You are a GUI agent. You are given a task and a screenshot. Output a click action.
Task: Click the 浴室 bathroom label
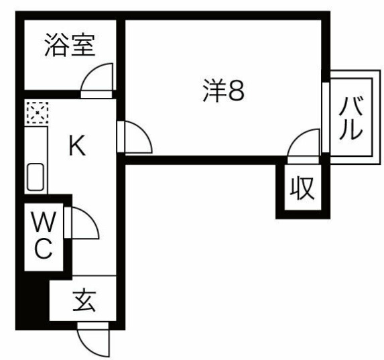pyautogui.click(x=70, y=46)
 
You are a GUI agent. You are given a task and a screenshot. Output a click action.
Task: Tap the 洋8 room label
pyautogui.click(x=224, y=91)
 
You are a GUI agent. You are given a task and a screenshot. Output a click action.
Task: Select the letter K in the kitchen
pyautogui.click(x=77, y=145)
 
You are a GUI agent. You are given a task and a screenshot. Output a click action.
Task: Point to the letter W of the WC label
pyautogui.click(x=44, y=222)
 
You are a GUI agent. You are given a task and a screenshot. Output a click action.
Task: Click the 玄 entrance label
pyautogui.click(x=84, y=301)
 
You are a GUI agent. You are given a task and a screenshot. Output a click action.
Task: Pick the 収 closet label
pyautogui.click(x=302, y=188)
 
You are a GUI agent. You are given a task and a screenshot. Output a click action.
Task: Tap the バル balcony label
pyautogui.click(x=350, y=118)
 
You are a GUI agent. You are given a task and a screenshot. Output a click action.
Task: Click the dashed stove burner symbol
pyautogui.click(x=38, y=113)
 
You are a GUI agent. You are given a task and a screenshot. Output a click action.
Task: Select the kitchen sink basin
pyautogui.click(x=36, y=177)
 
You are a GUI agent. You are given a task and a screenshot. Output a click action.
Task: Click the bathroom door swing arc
pyautogui.click(x=92, y=70)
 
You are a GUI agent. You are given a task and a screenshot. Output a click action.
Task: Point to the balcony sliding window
pyautogui.click(x=326, y=117)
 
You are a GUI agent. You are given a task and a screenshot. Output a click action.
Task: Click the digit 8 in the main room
pyautogui.click(x=236, y=91)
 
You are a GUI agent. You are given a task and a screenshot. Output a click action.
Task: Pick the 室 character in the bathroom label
pyautogui.click(x=82, y=46)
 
